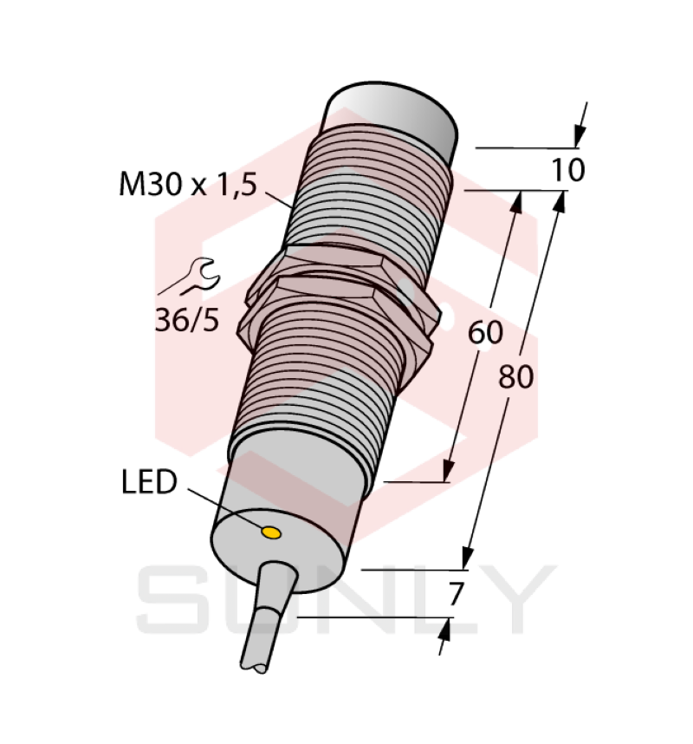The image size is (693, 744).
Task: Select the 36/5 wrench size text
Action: point(186,320)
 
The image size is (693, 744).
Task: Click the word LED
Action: point(149,482)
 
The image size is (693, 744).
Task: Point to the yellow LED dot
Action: point(271,532)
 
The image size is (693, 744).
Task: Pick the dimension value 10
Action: point(569,171)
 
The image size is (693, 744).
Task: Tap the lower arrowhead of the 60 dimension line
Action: point(449,469)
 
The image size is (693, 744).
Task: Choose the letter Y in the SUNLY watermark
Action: point(512,598)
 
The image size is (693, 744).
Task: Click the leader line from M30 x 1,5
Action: point(278,199)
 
